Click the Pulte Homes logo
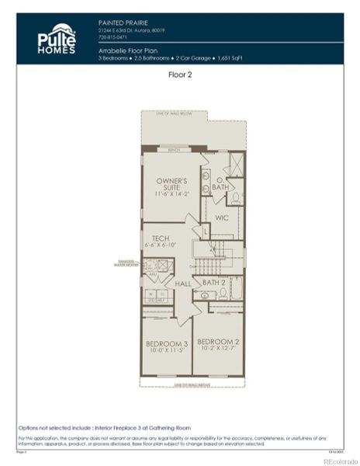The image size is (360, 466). click(57, 38)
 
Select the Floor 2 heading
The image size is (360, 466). click(180, 75)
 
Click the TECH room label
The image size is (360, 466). click(161, 238)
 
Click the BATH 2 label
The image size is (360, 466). click(214, 282)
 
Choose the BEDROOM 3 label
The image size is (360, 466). click(167, 343)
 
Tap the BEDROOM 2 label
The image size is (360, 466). click(216, 342)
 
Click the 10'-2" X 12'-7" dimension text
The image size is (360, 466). click(216, 349)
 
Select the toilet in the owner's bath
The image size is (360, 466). click(236, 197)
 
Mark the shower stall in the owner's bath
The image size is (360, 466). click(236, 164)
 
